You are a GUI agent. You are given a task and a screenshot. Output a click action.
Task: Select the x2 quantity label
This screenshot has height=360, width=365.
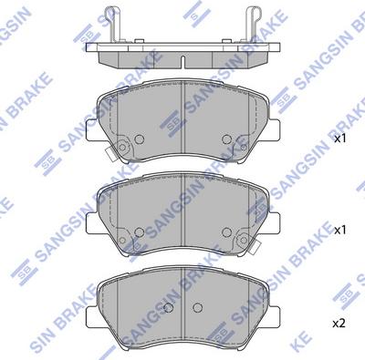click(x=339, y=323)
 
